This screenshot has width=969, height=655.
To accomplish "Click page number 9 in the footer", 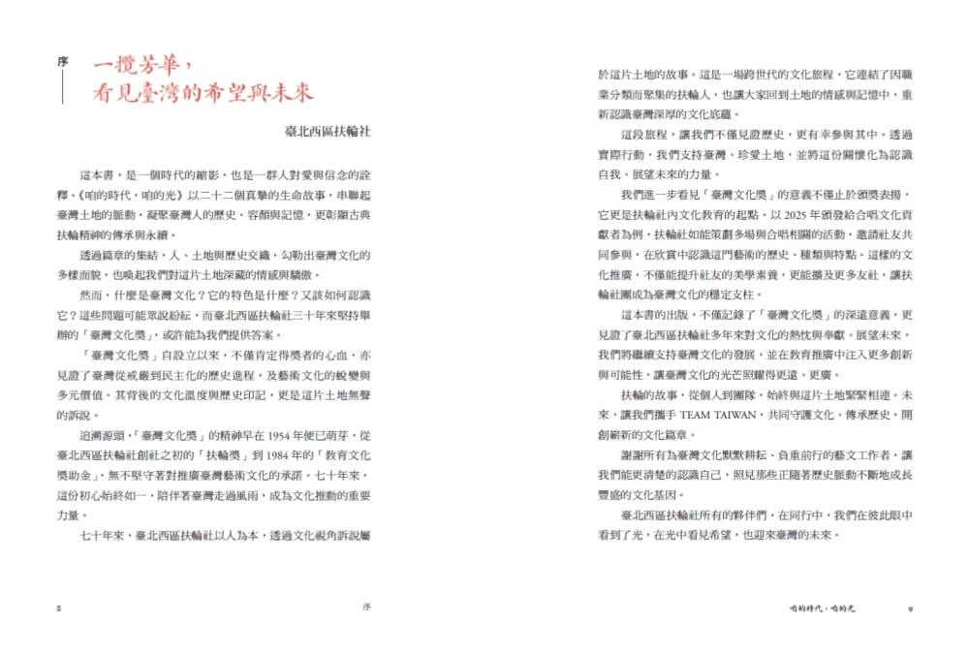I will pos(911,608).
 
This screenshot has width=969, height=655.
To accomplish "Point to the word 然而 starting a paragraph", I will pos(93,288).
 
